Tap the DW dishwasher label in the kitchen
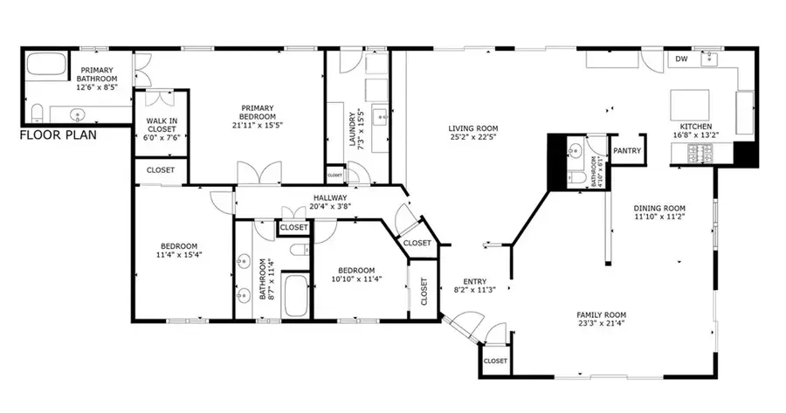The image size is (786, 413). click(680, 59)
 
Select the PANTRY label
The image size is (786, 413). click(626, 151)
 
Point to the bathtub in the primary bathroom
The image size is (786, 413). click(45, 66)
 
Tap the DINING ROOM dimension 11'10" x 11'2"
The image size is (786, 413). click(660, 217)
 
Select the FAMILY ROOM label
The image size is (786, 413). click(601, 314)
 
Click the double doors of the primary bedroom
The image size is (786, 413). click(259, 174)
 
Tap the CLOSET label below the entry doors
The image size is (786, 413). click(495, 360)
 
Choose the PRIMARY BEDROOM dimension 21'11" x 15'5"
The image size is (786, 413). click(259, 126)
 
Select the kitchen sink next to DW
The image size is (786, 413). click(710, 59)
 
